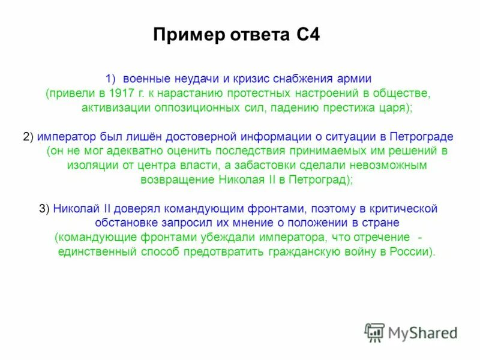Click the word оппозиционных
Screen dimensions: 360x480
click(184, 108)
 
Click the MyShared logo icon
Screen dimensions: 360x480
click(375, 332)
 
